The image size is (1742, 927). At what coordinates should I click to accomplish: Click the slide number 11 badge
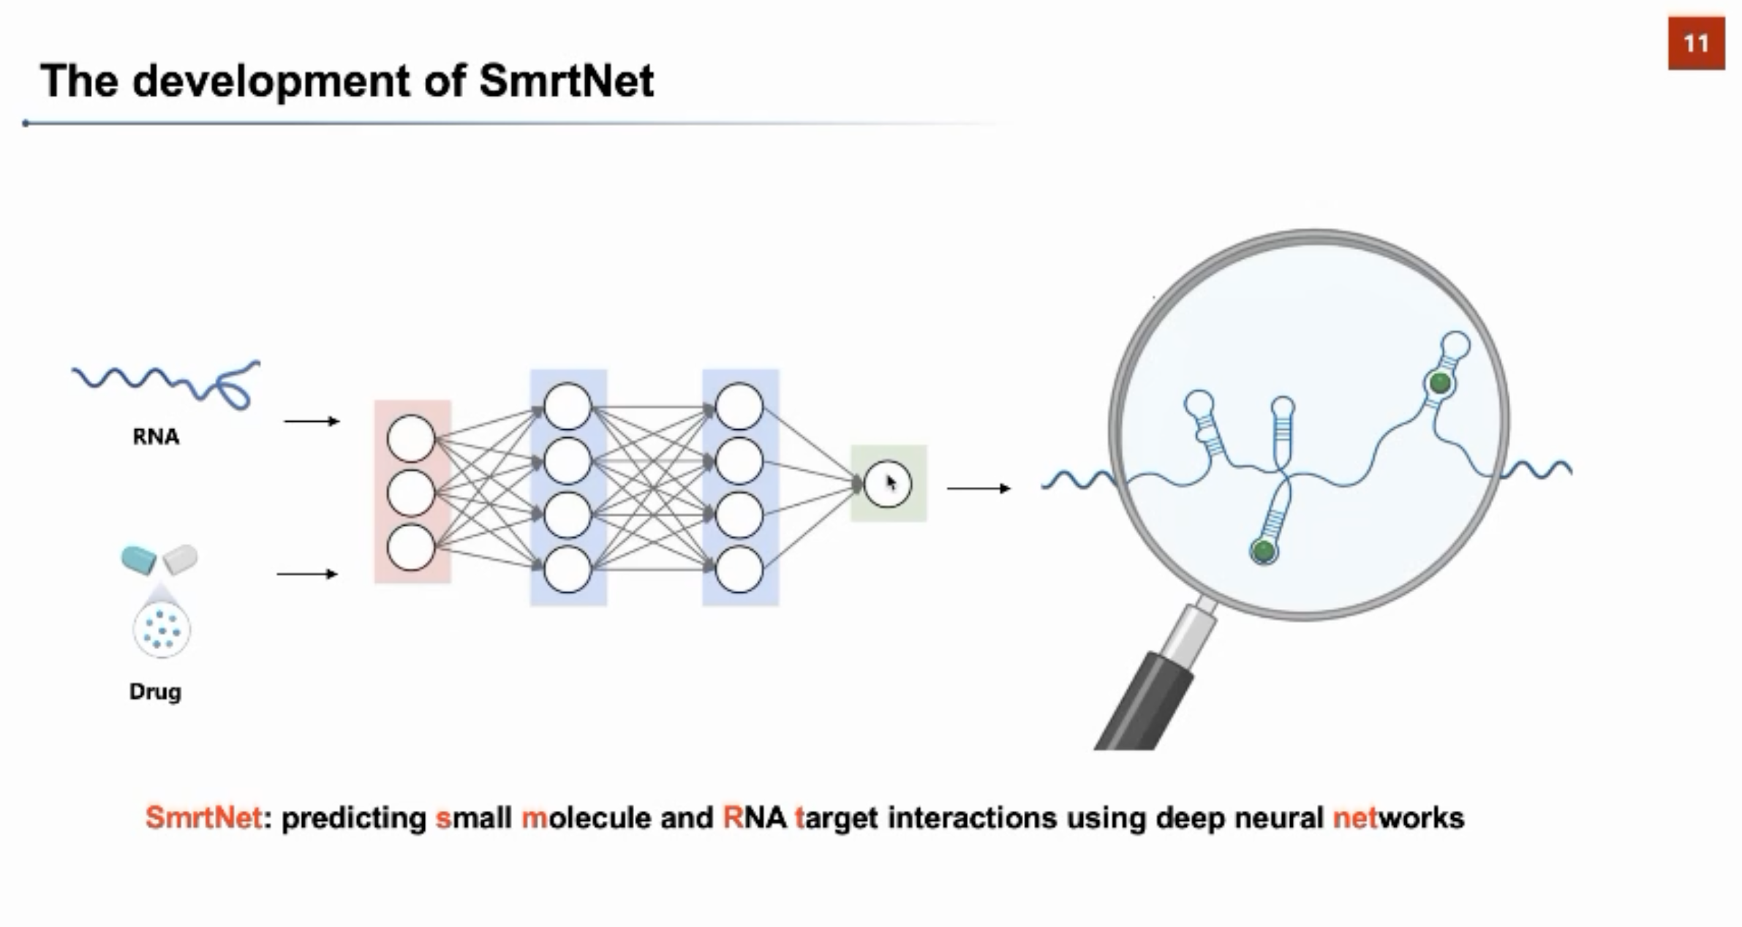point(1695,44)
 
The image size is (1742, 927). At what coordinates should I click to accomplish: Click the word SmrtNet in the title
point(566,80)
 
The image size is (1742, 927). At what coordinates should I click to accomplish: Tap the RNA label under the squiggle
point(156,436)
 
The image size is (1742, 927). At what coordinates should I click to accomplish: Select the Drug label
point(155,691)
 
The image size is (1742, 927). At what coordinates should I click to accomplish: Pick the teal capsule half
point(139,560)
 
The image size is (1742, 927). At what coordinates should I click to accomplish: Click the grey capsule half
point(181,559)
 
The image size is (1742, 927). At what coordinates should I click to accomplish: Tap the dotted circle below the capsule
point(162,629)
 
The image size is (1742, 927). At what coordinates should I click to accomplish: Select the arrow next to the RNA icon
point(312,421)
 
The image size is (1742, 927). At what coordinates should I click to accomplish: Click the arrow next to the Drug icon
point(307,574)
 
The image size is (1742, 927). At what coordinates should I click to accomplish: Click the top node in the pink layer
point(411,439)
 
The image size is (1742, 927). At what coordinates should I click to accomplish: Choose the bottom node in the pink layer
point(411,547)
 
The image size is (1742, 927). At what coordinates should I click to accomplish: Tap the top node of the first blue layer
point(568,406)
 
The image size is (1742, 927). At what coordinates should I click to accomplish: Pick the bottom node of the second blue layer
point(739,570)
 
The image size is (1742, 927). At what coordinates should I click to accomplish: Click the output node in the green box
point(887,483)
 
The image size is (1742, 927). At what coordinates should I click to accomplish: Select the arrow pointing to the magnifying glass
point(979,488)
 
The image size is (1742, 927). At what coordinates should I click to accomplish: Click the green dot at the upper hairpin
point(1440,382)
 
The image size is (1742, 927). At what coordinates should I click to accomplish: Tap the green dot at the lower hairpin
point(1263,550)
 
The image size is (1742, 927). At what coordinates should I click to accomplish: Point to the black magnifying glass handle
point(1145,702)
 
